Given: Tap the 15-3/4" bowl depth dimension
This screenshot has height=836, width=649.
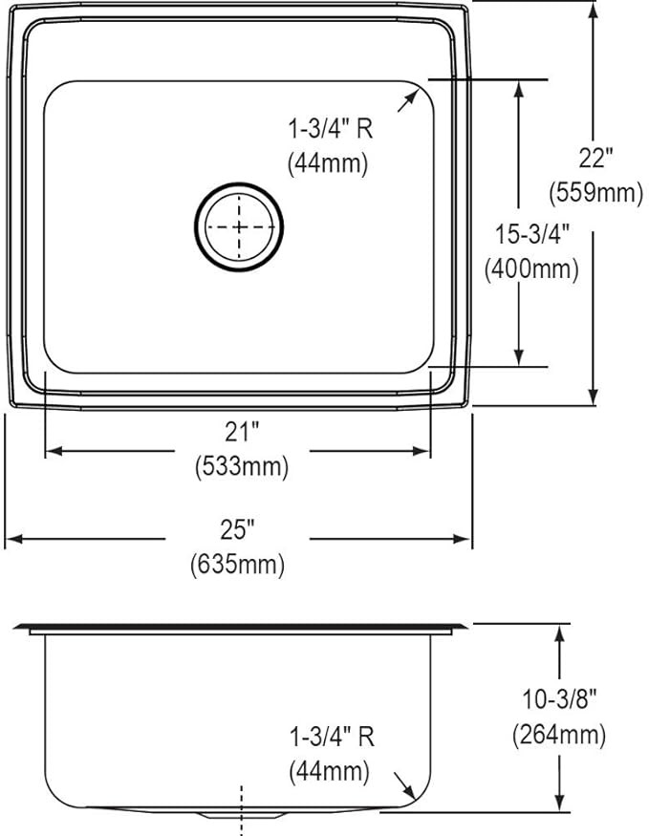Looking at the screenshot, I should click(x=531, y=232).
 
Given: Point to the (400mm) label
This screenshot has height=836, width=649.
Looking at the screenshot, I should click(x=531, y=269).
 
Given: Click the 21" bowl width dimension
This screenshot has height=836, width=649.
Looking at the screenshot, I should click(x=242, y=432).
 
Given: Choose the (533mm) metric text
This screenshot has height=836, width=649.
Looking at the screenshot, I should click(x=242, y=468).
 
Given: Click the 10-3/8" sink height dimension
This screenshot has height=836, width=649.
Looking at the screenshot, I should click(x=558, y=698).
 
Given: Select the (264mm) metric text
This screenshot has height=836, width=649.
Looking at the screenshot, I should click(x=558, y=735).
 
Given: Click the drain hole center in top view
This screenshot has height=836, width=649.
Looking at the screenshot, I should click(x=239, y=227).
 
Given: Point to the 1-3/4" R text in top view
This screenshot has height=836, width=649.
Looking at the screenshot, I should click(x=331, y=125).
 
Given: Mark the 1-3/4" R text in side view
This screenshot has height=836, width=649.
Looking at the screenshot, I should click(x=331, y=737).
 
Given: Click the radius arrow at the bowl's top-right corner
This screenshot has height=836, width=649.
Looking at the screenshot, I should click(x=409, y=99).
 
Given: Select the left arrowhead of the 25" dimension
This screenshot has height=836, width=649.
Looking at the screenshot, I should click(x=11, y=540).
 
